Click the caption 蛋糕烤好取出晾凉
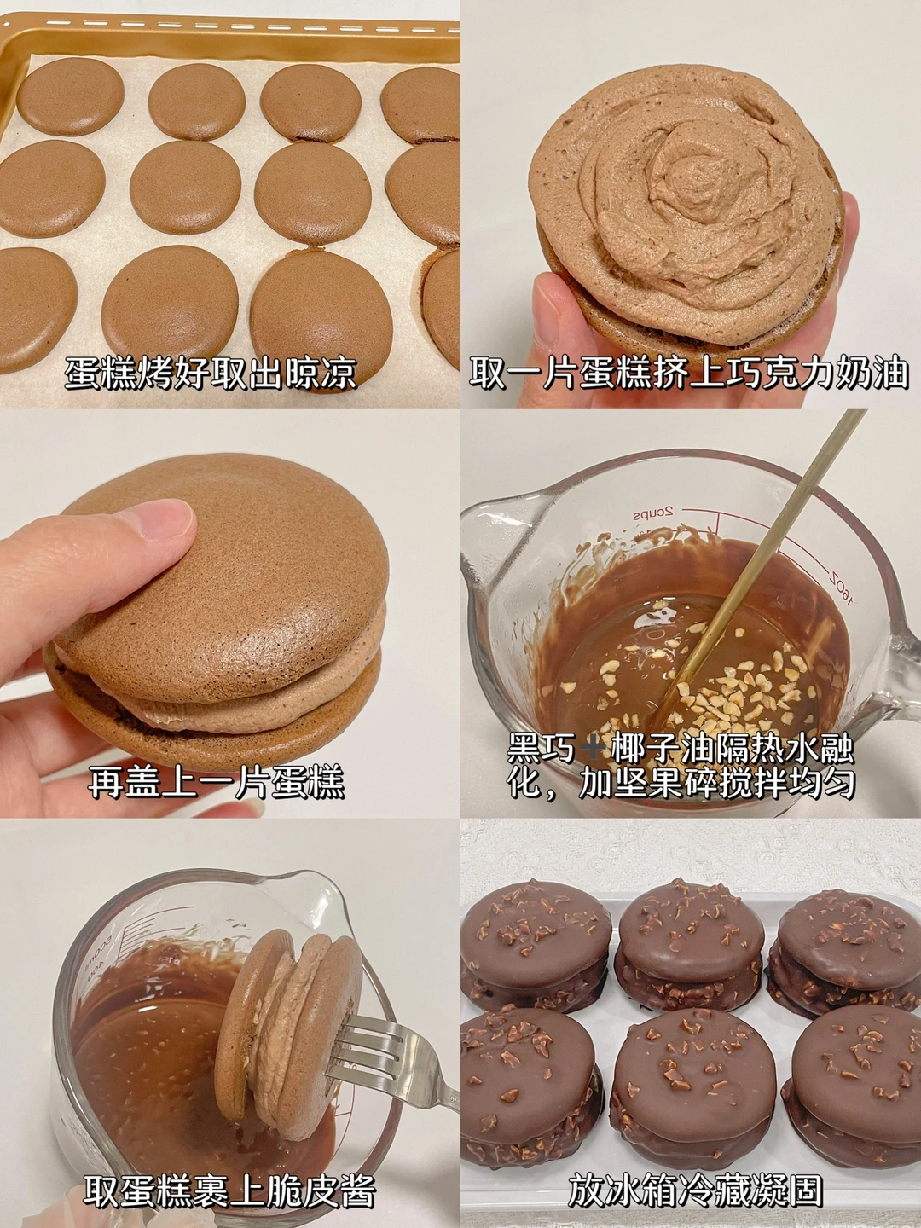pos(211,374)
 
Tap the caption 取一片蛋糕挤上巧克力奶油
pos(689,374)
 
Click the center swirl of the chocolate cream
pos(692,162)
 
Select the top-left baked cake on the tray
pos(71,96)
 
